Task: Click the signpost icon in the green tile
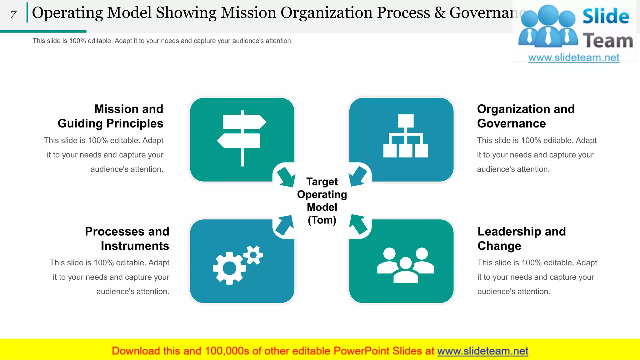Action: pos(242,137)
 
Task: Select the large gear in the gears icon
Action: pos(229,268)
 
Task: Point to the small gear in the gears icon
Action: pos(253,255)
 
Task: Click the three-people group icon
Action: pos(406,265)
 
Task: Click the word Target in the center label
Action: pos(322,182)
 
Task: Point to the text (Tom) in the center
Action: pos(322,220)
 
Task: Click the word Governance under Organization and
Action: pos(511,123)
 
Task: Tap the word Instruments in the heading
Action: pos(135,246)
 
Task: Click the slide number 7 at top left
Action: pos(13,14)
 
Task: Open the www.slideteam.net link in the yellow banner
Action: pos(482,351)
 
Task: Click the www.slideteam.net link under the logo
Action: pos(573,58)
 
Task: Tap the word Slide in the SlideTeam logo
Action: pos(606,16)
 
